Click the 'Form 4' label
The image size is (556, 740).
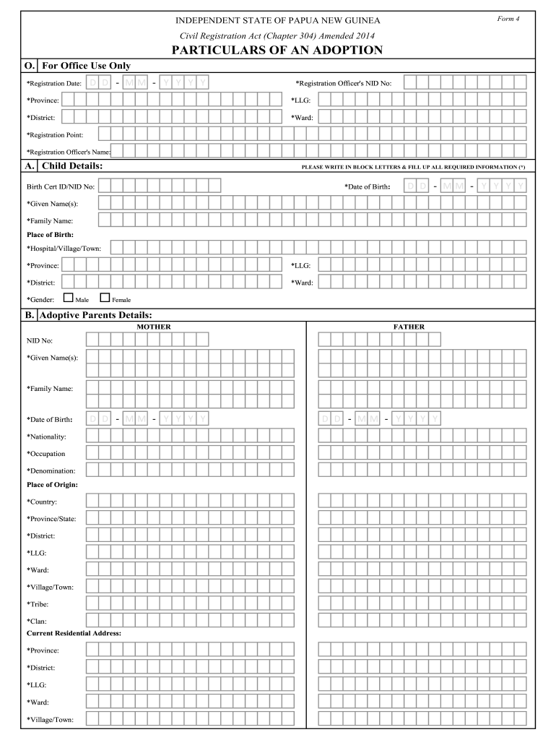(508, 18)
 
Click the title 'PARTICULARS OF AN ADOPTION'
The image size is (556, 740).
(277, 50)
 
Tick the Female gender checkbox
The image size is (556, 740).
(105, 297)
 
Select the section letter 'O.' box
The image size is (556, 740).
(30, 66)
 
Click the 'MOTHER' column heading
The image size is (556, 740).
(154, 327)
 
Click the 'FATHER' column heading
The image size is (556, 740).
(409, 327)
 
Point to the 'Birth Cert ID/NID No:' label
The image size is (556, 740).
(61, 186)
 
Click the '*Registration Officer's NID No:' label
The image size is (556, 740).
(344, 83)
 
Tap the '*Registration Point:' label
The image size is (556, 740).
(55, 134)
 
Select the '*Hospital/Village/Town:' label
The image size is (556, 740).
(64, 249)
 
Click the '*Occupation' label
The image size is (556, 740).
(46, 454)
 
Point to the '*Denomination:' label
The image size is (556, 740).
(51, 471)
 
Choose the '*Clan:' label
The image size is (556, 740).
(37, 621)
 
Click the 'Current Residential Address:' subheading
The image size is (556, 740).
(74, 633)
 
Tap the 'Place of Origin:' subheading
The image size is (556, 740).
(52, 484)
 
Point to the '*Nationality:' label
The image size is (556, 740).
(47, 436)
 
